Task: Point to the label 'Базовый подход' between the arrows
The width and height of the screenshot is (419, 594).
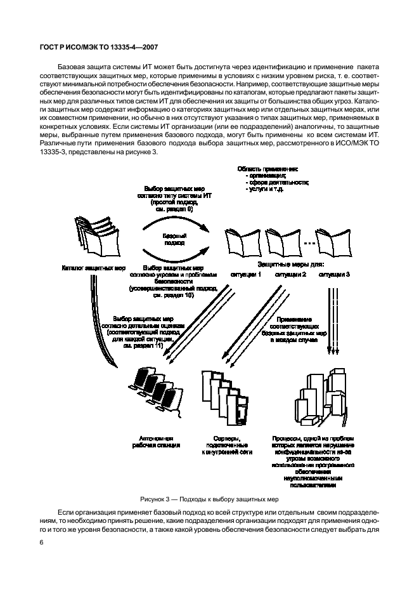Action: click(x=172, y=238)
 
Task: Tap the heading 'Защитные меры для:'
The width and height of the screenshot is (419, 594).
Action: click(x=291, y=263)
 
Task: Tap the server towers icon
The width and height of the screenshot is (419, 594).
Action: click(x=222, y=397)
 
